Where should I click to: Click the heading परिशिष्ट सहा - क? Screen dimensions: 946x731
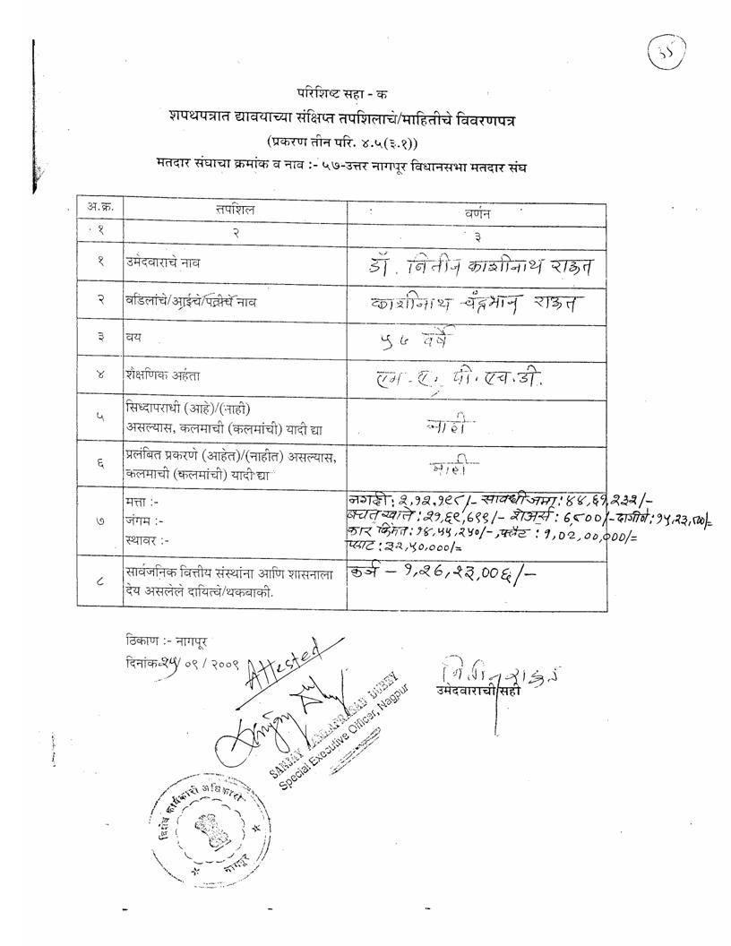point(342,93)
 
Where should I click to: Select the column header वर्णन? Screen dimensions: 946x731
point(477,213)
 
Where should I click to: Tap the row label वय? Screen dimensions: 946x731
point(133,338)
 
